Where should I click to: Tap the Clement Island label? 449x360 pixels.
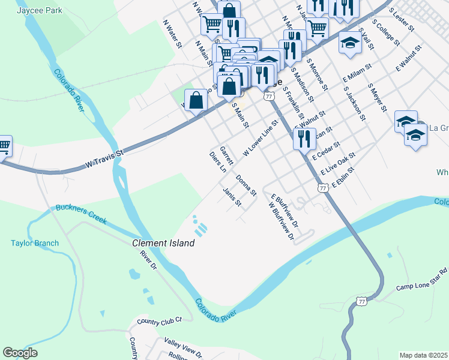[x=163, y=243]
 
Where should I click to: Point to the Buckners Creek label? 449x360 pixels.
[x=81, y=214]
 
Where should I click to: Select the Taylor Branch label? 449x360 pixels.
[x=35, y=243]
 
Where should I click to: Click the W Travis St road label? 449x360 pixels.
[x=104, y=158]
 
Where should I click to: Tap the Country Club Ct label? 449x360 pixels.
[x=159, y=322]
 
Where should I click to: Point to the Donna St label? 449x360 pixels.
[x=246, y=185]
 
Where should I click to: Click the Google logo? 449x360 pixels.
[x=20, y=353]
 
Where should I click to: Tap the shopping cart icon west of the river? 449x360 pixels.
[x=3, y=145]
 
